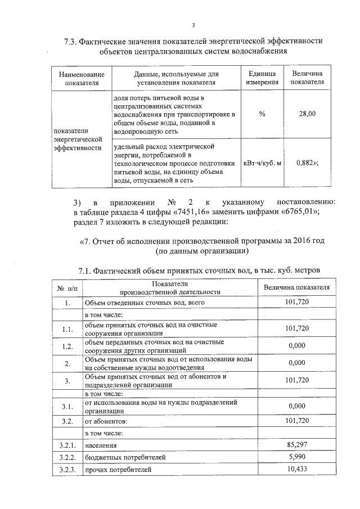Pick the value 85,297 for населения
coord(296,445)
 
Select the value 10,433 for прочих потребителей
coord(296,469)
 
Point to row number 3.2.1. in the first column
coord(67,445)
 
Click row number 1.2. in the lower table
coord(67,346)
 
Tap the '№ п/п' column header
coord(67,289)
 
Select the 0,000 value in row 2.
coord(296,363)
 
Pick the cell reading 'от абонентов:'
coord(106,421)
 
